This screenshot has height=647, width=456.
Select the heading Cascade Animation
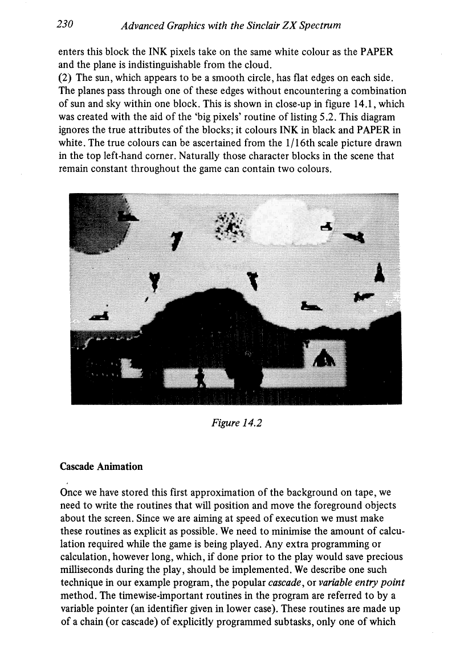(101, 466)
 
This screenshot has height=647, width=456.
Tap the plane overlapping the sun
(127, 216)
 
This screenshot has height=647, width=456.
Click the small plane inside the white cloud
(327, 226)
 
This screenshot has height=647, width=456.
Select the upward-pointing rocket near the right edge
(378, 272)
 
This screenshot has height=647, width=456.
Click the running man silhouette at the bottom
(200, 377)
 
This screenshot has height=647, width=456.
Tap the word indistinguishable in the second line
(169, 64)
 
